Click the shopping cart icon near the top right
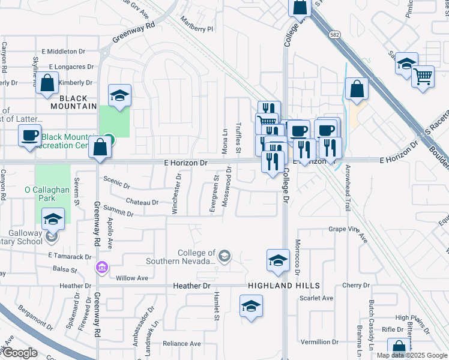pyautogui.click(x=423, y=76)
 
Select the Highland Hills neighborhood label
pyautogui.click(x=282, y=286)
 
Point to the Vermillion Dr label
pyautogui.click(x=319, y=341)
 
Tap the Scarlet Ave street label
pyautogui.click(x=317, y=298)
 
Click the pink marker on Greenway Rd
pyautogui.click(x=101, y=266)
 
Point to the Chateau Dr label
pyautogui.click(x=142, y=202)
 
